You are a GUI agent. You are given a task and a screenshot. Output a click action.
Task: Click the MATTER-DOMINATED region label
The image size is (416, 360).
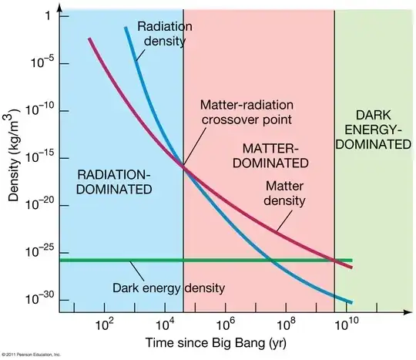(x=273, y=155)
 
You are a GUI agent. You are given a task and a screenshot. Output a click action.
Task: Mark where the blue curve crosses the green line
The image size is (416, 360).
(x=273, y=261)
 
